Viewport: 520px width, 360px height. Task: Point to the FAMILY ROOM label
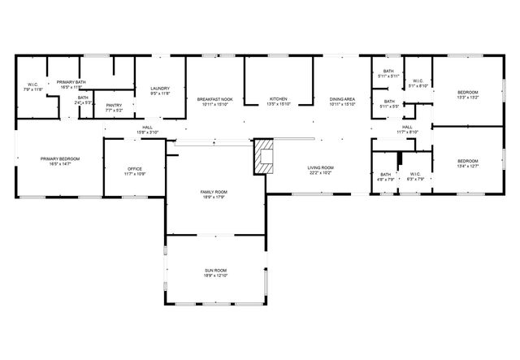coord(215,193)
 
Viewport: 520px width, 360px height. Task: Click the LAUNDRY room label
coord(159,90)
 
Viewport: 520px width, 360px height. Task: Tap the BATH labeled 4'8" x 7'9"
coord(385,176)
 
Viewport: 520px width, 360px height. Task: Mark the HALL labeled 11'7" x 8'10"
coord(407,129)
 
